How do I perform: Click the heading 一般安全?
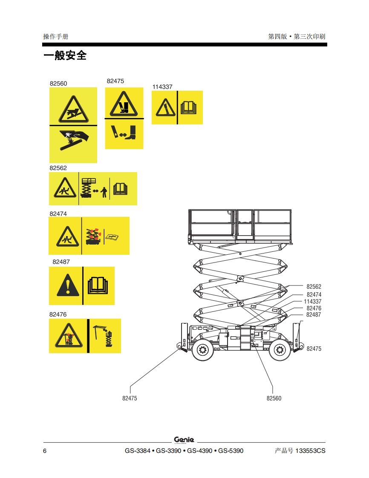coord(65,55)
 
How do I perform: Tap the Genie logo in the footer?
coord(184,440)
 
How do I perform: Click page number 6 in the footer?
coord(44,451)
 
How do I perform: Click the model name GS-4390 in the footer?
coord(200,451)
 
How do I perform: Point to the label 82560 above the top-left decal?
coord(58,84)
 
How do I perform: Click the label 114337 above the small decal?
coord(162,87)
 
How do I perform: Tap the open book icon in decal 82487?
coord(98,285)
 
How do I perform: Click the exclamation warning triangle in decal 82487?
coord(68,285)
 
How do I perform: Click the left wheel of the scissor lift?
coord(202,349)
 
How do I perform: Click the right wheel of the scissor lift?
coord(280,349)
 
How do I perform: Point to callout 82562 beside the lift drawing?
coord(314,287)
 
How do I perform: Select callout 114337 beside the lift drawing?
coord(313,302)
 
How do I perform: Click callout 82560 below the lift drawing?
coord(274,398)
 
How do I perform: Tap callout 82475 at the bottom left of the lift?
coord(130,398)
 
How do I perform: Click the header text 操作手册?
coord(56,37)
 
